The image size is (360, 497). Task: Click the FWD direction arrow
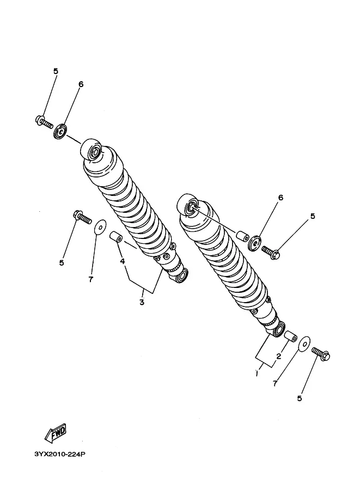click(56, 432)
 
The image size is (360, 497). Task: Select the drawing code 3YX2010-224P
click(60, 454)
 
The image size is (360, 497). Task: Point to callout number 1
click(257, 373)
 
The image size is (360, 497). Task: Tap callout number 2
click(278, 356)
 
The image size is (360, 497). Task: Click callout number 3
click(142, 302)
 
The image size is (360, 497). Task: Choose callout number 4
click(123, 261)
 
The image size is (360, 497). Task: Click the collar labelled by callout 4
click(117, 237)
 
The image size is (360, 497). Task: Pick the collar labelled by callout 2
click(290, 336)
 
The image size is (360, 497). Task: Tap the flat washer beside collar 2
click(305, 343)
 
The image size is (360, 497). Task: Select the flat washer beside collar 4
click(101, 227)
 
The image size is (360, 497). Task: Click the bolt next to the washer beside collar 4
click(82, 217)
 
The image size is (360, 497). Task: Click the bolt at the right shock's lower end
click(321, 354)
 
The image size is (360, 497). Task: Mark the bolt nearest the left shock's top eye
click(44, 122)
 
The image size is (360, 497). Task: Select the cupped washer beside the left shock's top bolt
click(60, 132)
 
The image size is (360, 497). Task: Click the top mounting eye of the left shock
click(91, 151)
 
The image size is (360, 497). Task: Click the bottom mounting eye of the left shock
click(179, 275)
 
